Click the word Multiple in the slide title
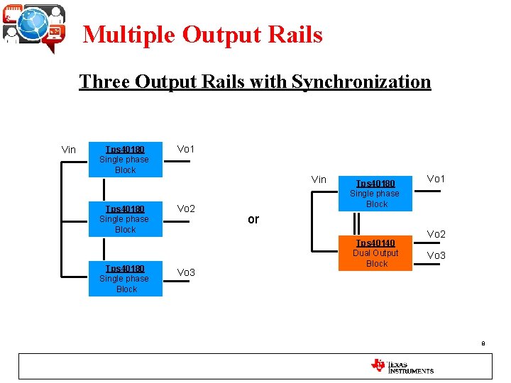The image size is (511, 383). pyautogui.click(x=128, y=34)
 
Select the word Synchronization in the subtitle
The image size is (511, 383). pyautogui.click(x=359, y=82)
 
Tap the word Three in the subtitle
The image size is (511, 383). pyautogui.click(x=102, y=82)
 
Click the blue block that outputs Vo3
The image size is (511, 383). pyautogui.click(x=126, y=279)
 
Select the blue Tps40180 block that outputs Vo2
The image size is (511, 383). pyautogui.click(x=126, y=219)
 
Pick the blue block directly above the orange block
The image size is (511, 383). pyautogui.click(x=376, y=194)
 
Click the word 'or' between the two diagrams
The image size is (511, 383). pyautogui.click(x=253, y=219)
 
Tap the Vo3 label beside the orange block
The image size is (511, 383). pyautogui.click(x=436, y=255)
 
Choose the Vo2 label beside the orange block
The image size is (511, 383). pyautogui.click(x=436, y=234)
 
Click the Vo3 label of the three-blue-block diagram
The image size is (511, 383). pyautogui.click(x=186, y=273)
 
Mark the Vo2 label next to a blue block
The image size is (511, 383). pyautogui.click(x=186, y=209)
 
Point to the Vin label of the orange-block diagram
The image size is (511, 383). pyautogui.click(x=319, y=179)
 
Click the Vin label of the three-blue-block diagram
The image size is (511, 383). pyautogui.click(x=69, y=150)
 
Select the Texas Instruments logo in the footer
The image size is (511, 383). pyautogui.click(x=402, y=367)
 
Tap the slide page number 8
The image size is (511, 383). pyautogui.click(x=483, y=343)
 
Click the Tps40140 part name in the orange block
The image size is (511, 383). pyautogui.click(x=375, y=243)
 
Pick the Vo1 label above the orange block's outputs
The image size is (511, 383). pyautogui.click(x=436, y=179)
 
